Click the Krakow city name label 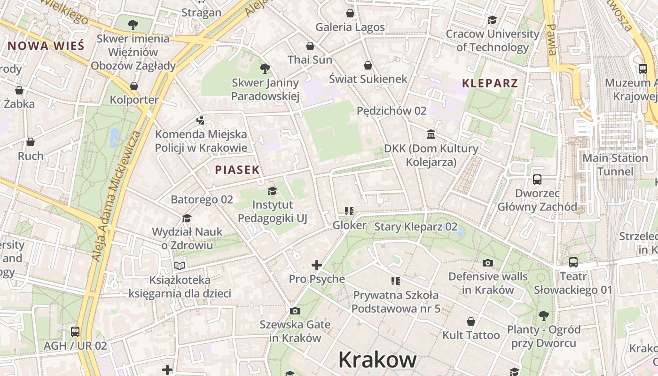[x=377, y=360]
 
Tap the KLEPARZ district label [x=490, y=84]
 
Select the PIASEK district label [x=237, y=170]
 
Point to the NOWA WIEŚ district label [x=46, y=46]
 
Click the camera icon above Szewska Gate [x=295, y=311]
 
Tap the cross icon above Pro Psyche [x=317, y=265]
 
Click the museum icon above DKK [x=431, y=135]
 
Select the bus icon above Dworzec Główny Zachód [x=537, y=180]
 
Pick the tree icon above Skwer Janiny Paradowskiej [x=265, y=69]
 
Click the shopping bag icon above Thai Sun [x=310, y=46]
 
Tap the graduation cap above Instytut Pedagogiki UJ [x=272, y=191]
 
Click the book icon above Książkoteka [x=180, y=266]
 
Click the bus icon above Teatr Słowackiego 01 [x=573, y=262]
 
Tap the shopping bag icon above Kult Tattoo [x=471, y=321]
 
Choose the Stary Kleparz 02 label [x=415, y=227]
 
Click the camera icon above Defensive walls [x=488, y=263]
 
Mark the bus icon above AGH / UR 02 [x=75, y=332]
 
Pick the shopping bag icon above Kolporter [x=134, y=86]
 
